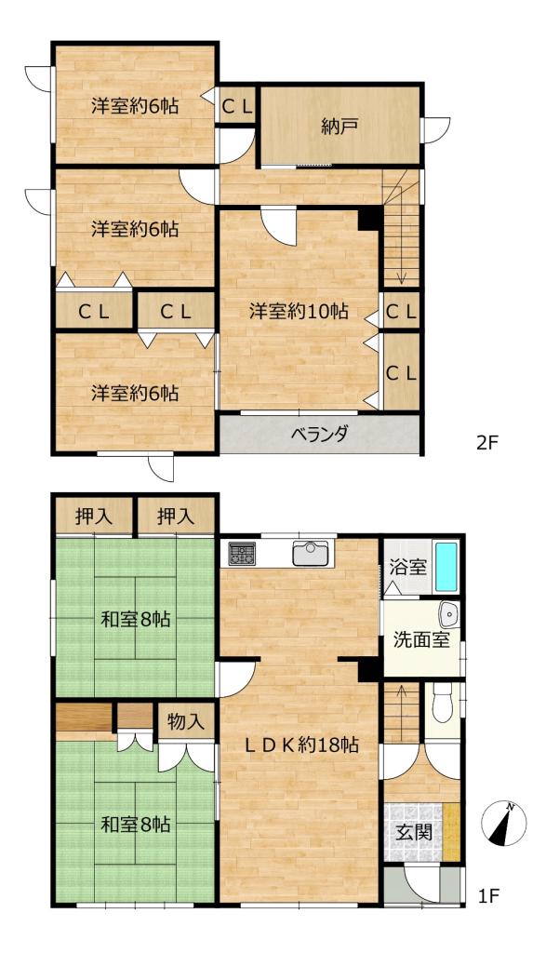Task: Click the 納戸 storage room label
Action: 339,127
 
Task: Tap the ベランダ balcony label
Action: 319,434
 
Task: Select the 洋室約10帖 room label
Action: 299,311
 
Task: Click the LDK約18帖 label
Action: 301,745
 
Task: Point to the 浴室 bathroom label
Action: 407,569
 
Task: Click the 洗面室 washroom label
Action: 420,639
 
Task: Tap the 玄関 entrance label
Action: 415,831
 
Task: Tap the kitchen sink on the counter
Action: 310,553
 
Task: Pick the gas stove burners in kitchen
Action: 242,553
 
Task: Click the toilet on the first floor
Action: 443,703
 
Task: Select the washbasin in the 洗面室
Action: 448,616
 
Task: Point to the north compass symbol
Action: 504,825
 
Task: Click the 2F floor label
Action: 487,442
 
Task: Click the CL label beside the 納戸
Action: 237,107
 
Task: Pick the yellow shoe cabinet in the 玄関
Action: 451,831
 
